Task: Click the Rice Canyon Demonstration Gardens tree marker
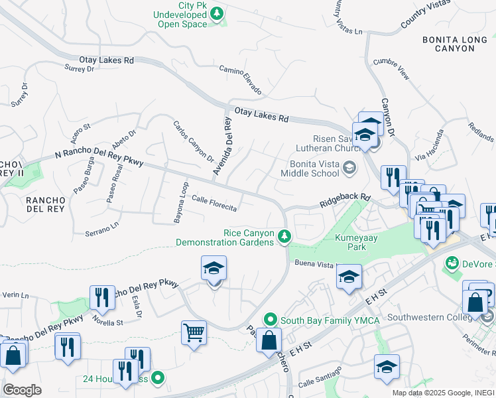pos(284,235)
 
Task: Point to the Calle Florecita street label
pos(214,203)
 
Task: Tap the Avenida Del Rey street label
pos(221,147)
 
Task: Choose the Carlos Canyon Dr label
pos(193,141)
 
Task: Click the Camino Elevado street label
pos(241,80)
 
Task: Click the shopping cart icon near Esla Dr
pos(194,332)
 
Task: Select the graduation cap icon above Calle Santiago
pos(387,366)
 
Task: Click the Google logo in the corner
pos(22,389)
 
